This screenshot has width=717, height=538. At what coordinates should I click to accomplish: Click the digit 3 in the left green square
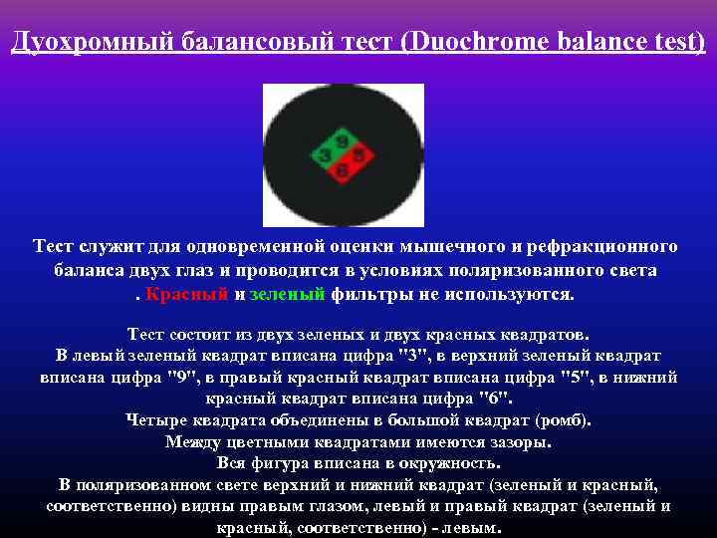[x=327, y=155]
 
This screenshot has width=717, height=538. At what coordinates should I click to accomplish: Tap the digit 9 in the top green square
[x=343, y=142]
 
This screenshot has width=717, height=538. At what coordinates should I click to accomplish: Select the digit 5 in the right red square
[x=358, y=155]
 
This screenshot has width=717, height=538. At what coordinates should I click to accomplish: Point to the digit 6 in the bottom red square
[x=343, y=170]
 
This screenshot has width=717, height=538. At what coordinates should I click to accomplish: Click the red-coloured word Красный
[x=186, y=294]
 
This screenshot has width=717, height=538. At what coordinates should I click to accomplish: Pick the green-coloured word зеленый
[x=288, y=294]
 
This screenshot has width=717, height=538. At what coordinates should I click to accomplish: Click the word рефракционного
[x=596, y=246]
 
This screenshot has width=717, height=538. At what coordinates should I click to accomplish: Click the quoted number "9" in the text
[x=181, y=378]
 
